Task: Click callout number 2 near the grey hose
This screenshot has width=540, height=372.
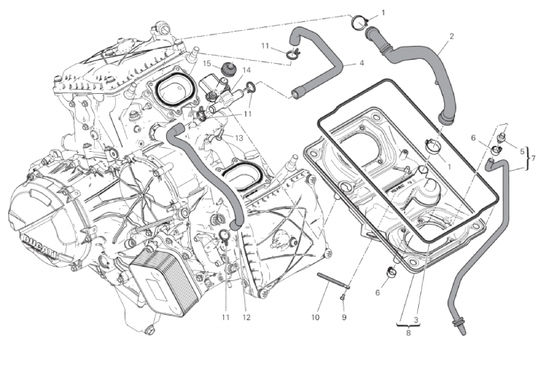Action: [x=451, y=36]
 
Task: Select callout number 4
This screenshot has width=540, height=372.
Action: [x=362, y=63]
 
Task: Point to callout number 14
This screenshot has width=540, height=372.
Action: [x=245, y=71]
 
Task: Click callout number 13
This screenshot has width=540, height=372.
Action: [x=238, y=138]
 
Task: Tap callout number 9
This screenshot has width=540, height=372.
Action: [x=344, y=317]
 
